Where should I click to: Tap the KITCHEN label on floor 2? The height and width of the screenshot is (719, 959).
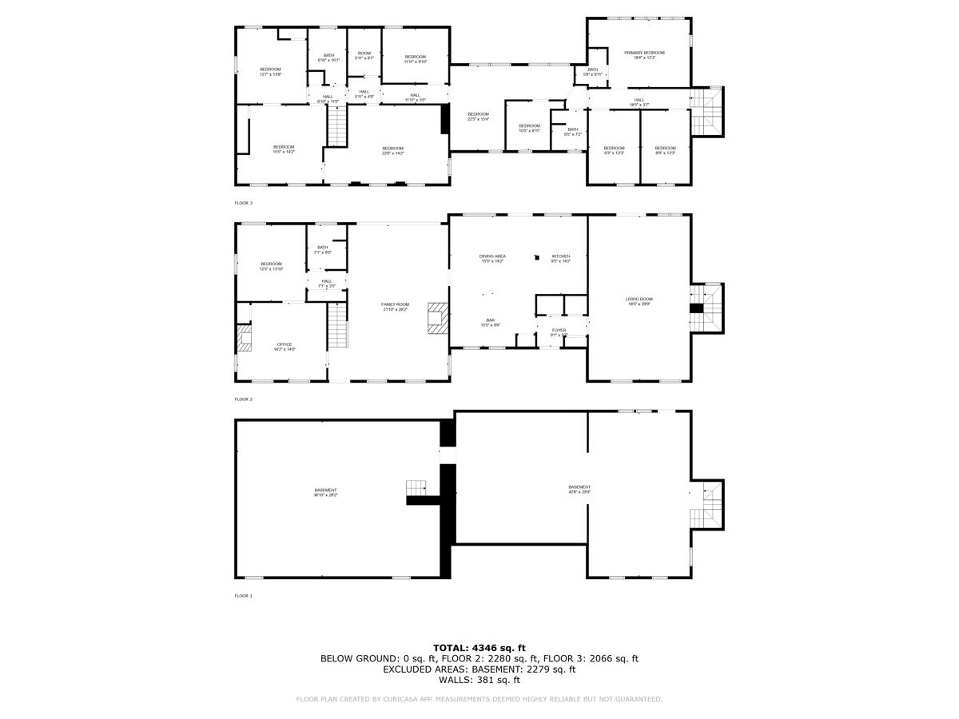561,258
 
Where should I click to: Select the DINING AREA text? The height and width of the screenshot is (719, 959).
492,258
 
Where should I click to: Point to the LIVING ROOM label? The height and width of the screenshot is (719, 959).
639,301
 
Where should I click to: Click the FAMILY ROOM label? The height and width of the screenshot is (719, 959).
395,307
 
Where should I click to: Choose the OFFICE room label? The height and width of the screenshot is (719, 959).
285,347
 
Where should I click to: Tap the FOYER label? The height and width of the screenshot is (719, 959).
559,332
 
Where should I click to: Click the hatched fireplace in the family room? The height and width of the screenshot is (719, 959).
437,317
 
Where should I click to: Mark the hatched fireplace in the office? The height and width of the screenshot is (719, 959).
243,338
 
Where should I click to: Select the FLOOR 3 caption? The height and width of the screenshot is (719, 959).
243,203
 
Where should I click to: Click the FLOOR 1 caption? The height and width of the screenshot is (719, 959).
243,596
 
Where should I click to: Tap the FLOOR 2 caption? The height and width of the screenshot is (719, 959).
243,399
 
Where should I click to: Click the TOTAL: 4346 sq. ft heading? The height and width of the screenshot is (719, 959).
479,648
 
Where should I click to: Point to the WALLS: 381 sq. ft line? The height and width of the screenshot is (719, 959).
479,680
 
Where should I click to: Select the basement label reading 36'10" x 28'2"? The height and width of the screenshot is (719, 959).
325,492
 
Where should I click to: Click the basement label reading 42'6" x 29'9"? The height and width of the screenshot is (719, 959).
579,489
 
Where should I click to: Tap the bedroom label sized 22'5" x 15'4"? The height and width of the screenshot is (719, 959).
478,117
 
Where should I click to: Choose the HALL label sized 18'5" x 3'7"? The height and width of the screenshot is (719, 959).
639,102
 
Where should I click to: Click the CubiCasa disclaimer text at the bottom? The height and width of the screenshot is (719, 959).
479,700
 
